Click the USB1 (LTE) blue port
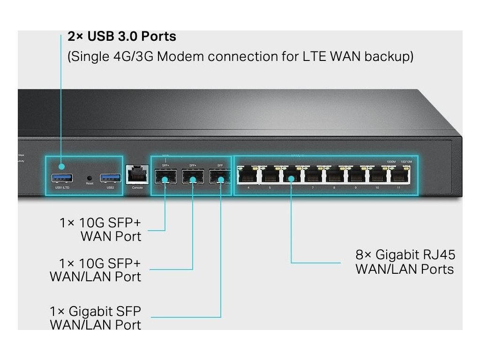(x=62, y=178)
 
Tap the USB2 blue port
(x=110, y=178)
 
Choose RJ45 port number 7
(x=313, y=176)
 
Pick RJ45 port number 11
(x=399, y=176)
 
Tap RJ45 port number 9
(x=356, y=176)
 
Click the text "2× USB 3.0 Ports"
(x=122, y=36)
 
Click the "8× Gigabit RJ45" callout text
(x=405, y=255)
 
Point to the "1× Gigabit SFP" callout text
(x=95, y=311)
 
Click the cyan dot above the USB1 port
(x=61, y=166)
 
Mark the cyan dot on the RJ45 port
(x=291, y=178)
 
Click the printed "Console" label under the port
(x=137, y=188)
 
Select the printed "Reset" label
(x=90, y=183)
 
